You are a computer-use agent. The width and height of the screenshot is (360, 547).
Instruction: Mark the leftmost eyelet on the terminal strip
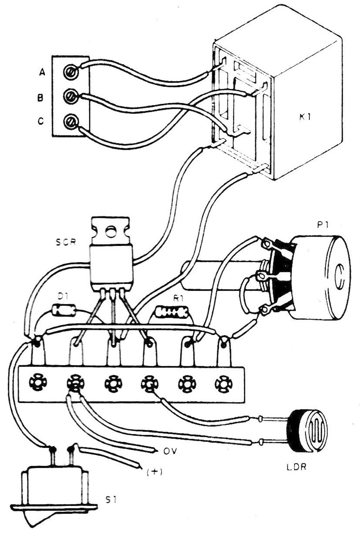(x=35, y=383)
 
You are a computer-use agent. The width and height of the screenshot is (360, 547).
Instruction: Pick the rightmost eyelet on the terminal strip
(x=223, y=383)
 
